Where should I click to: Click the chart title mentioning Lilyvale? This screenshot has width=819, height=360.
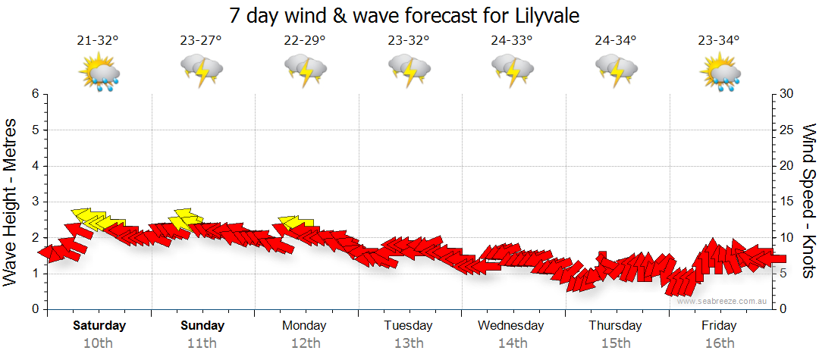pyautogui.click(x=409, y=15)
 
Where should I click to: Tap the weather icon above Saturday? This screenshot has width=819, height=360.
pyautogui.click(x=99, y=74)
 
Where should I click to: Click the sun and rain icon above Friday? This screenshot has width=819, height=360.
pyautogui.click(x=719, y=74)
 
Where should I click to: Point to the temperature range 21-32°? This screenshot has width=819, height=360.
pyautogui.click(x=99, y=41)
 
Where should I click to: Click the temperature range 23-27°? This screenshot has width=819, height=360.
pyautogui.click(x=202, y=41)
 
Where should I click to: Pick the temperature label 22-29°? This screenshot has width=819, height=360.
pyautogui.click(x=305, y=41)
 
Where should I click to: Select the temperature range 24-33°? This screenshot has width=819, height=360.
pyautogui.click(x=511, y=41)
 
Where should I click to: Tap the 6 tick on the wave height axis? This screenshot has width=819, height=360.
pyautogui.click(x=35, y=94)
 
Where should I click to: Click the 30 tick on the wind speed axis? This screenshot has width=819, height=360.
pyautogui.click(x=787, y=94)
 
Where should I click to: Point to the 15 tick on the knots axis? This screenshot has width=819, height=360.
pyautogui.click(x=787, y=202)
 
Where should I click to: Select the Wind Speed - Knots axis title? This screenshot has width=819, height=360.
pyautogui.click(x=808, y=201)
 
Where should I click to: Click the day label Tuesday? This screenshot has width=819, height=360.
pyautogui.click(x=408, y=326)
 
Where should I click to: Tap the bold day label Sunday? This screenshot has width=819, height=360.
pyautogui.click(x=202, y=326)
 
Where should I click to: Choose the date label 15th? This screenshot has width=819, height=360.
pyautogui.click(x=615, y=343)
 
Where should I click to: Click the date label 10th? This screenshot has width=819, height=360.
pyautogui.click(x=99, y=343)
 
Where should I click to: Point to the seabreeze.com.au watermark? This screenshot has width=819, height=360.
pyautogui.click(x=723, y=301)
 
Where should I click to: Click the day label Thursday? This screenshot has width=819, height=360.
pyautogui.click(x=615, y=326)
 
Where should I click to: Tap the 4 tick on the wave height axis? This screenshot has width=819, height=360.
pyautogui.click(x=35, y=166)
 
